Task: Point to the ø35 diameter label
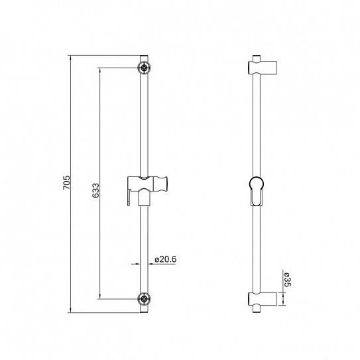[x=287, y=280]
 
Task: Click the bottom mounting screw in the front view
[x=144, y=298]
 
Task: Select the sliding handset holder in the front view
[x=144, y=185]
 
